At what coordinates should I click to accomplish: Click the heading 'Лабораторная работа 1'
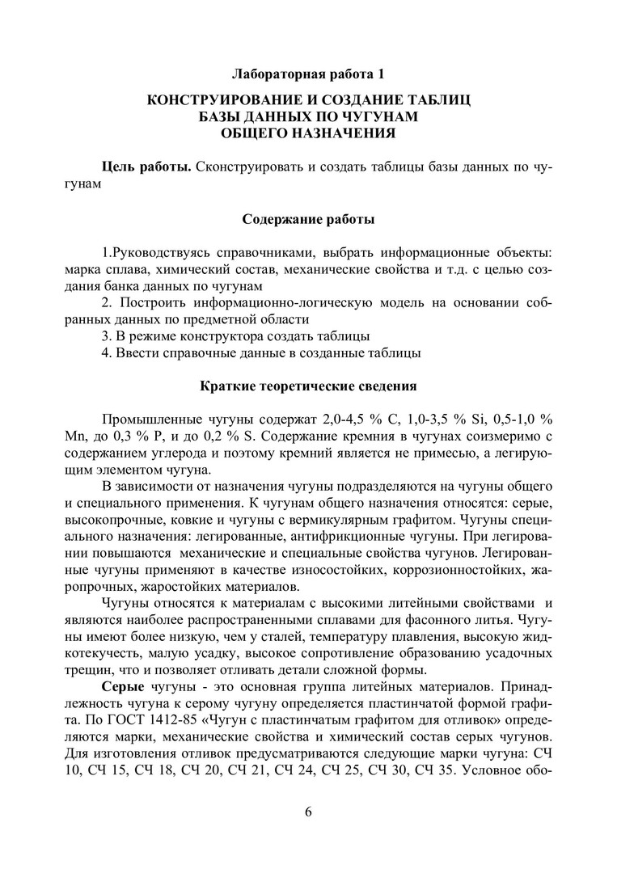pyautogui.click(x=308, y=74)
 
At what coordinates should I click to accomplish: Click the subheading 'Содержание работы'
pyautogui.click(x=308, y=219)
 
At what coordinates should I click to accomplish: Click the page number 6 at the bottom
pyautogui.click(x=308, y=812)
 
